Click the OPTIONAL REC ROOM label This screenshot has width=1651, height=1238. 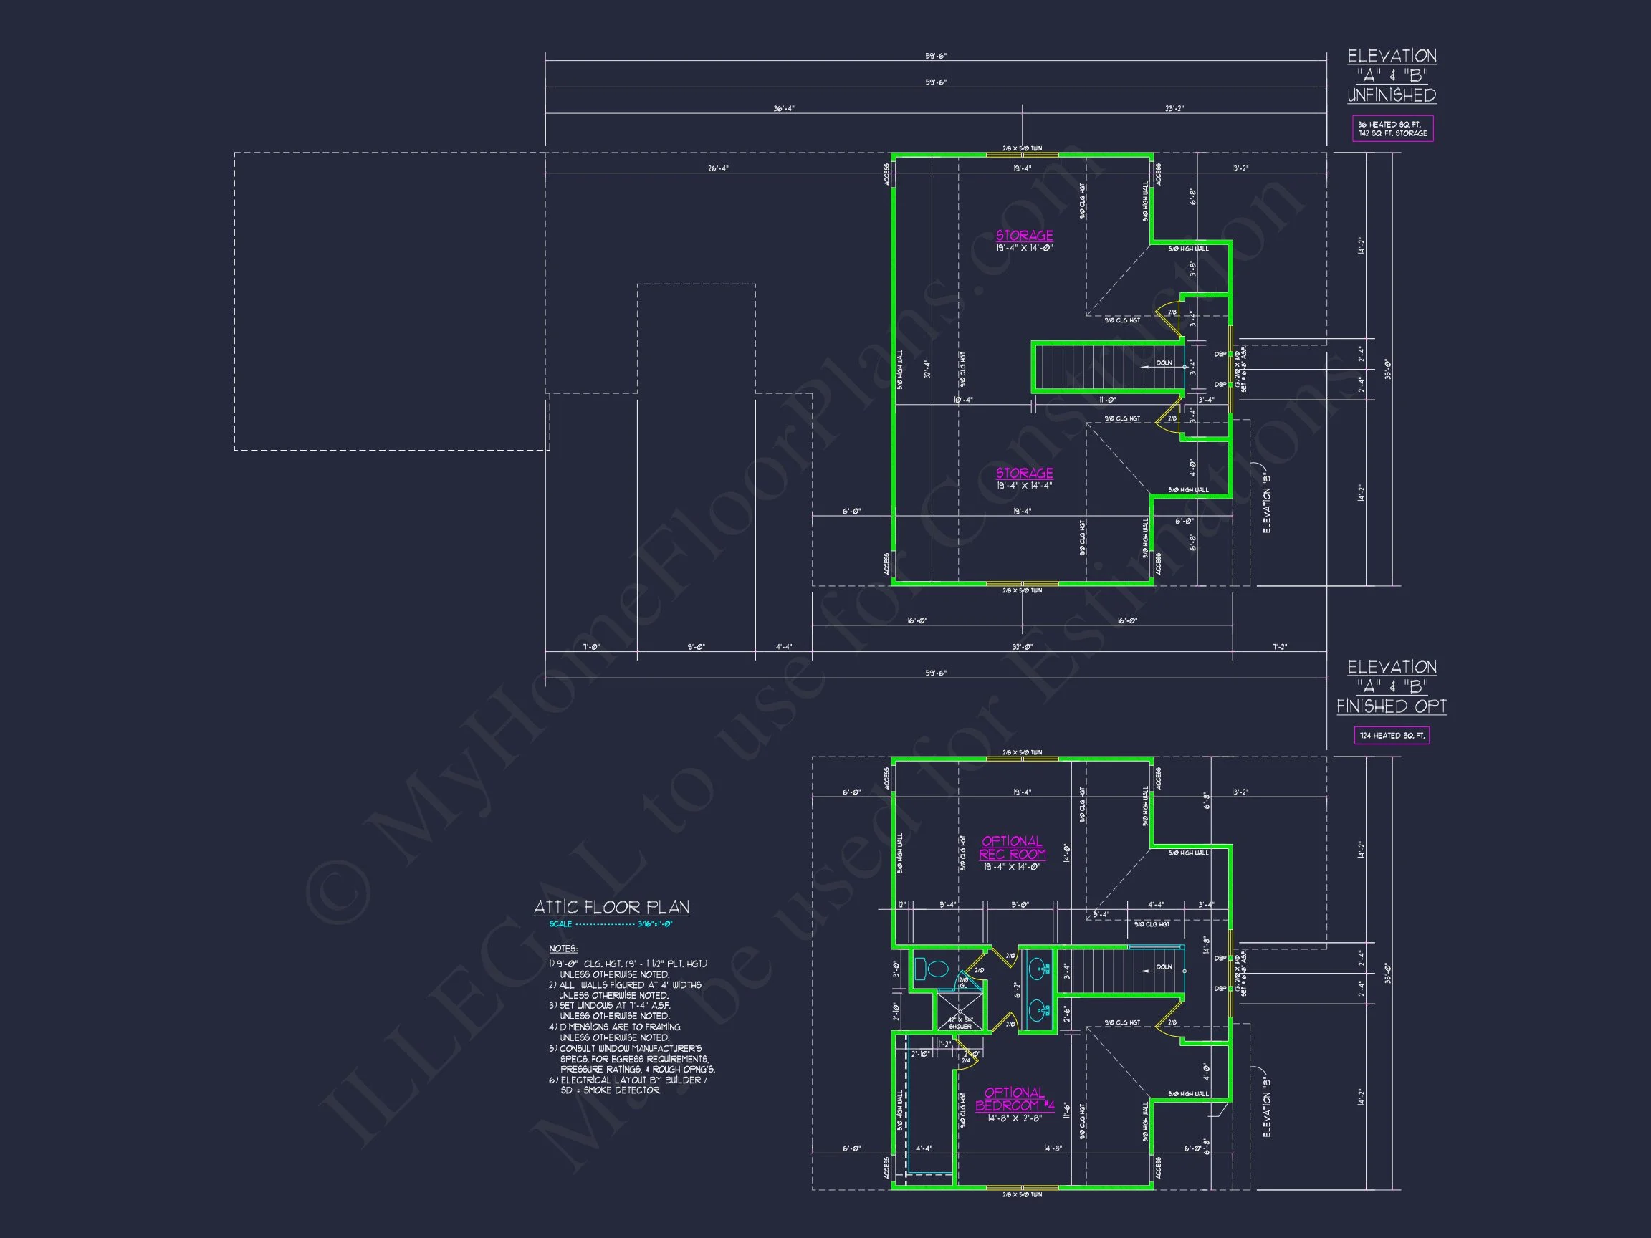point(1012,848)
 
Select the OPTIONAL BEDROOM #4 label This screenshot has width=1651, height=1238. point(1015,1099)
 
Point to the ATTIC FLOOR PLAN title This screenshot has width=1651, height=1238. point(611,908)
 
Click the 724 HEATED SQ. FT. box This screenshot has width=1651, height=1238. point(1392,736)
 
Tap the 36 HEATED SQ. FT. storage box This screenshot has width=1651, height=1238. point(1392,129)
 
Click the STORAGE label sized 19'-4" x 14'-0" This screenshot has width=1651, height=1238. point(1024,236)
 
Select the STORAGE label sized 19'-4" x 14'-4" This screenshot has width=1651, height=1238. point(1024,473)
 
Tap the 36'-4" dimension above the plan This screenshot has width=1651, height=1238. point(784,109)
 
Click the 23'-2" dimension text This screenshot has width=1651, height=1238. point(1174,109)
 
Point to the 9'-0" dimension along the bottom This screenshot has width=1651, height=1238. point(696,647)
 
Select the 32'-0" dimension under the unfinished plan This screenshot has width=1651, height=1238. point(1022,647)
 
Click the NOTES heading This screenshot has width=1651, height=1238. point(563,949)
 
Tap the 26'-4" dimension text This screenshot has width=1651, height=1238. point(718,168)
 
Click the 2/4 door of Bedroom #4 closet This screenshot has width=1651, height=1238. point(967,1060)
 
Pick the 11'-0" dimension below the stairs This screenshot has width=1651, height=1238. point(1106,400)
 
